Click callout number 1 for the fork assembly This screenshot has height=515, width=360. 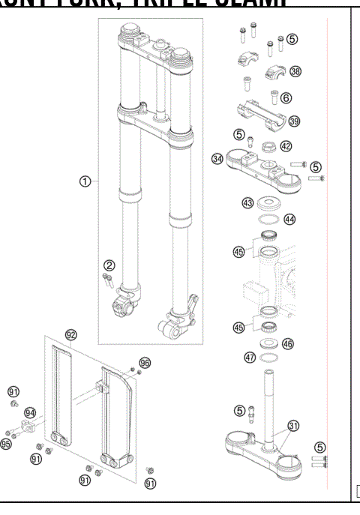[x=85, y=181]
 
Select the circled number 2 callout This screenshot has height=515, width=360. [x=109, y=265]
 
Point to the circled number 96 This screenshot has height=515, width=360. [x=145, y=363]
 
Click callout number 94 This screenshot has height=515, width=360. [x=30, y=412]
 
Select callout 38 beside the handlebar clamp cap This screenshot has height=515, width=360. [x=295, y=71]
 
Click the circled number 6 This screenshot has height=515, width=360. [x=286, y=97]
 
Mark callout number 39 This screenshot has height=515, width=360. [x=294, y=121]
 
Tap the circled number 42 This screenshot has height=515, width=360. [x=286, y=146]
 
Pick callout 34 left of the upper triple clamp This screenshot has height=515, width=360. [x=217, y=159]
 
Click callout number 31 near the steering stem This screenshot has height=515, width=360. [x=293, y=426]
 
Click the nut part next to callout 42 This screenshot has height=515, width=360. [x=268, y=146]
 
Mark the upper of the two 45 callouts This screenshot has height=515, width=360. [x=238, y=253]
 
